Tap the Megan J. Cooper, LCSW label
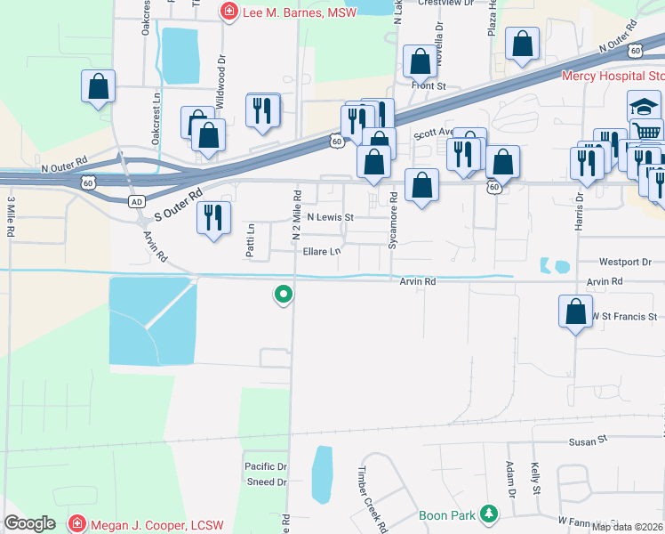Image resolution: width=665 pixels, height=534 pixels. pyautogui.click(x=150, y=522)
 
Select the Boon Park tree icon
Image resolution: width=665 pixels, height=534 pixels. pyautogui.click(x=488, y=514)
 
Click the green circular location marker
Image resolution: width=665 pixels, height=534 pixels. pyautogui.click(x=284, y=293)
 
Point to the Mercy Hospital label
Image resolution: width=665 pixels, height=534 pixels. pyautogui.click(x=613, y=77)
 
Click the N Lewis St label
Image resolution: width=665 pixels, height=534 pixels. pyautogui.click(x=330, y=217)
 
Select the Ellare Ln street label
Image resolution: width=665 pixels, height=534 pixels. pyautogui.click(x=322, y=252)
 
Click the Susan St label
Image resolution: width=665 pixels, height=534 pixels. pyautogui.click(x=588, y=440)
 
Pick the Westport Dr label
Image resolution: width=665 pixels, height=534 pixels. pyautogui.click(x=625, y=263)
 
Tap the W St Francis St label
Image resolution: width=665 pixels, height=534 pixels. pyautogui.click(x=627, y=316)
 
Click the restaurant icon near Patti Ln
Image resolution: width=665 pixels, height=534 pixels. pyautogui.click(x=213, y=218)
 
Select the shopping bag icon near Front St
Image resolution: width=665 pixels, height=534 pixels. pyautogui.click(x=420, y=62)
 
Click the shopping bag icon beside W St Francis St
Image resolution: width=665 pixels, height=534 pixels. pyautogui.click(x=575, y=312)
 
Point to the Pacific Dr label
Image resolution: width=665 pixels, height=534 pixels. pyautogui.click(x=266, y=466)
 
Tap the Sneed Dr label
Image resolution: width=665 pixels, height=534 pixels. pyautogui.click(x=267, y=482)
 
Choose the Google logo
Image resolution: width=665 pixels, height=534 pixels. pyautogui.click(x=29, y=523)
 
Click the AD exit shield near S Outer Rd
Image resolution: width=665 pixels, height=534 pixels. pyautogui.click(x=136, y=201)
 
